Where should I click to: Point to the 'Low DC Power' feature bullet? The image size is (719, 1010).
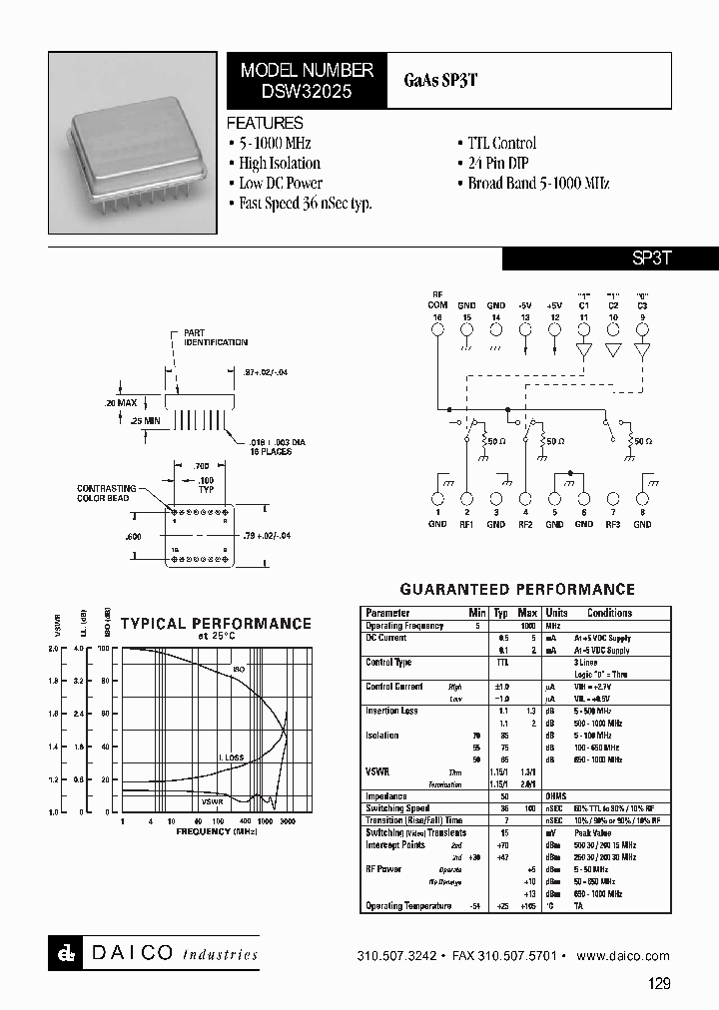tap(281, 184)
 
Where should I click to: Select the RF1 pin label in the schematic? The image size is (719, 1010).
tap(466, 523)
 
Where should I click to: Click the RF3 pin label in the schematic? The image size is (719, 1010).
tap(613, 523)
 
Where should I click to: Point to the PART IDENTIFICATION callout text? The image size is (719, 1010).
tap(215, 337)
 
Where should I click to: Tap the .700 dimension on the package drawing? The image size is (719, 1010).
tap(201, 466)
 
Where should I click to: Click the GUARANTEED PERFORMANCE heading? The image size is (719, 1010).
tap(517, 590)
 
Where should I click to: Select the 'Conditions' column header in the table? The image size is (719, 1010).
tap(609, 613)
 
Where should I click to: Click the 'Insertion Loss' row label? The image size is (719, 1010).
tap(391, 711)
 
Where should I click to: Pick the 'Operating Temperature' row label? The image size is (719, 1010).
tap(406, 905)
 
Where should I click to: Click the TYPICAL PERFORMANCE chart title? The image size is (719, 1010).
tap(216, 624)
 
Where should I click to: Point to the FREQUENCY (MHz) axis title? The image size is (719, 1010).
tap(217, 830)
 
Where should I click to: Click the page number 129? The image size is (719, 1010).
tap(659, 983)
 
